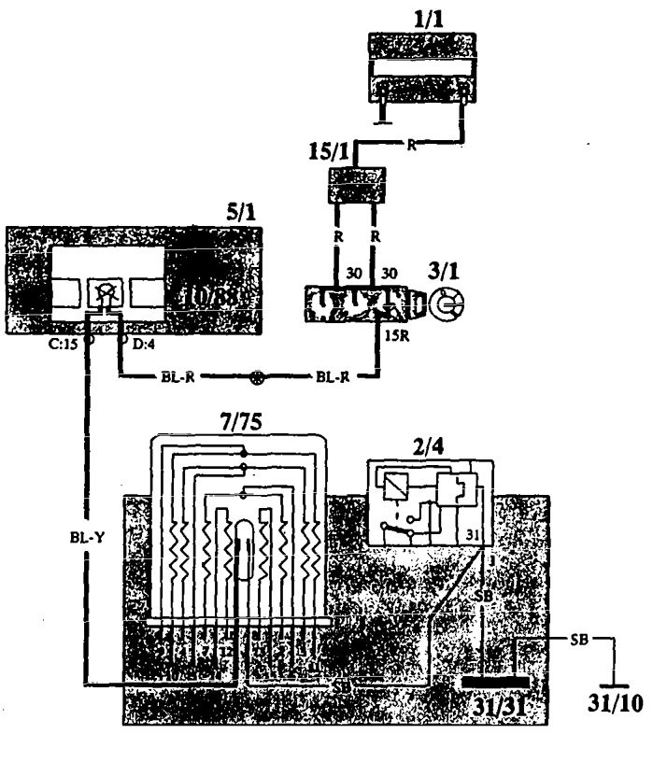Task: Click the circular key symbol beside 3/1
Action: (450, 304)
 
